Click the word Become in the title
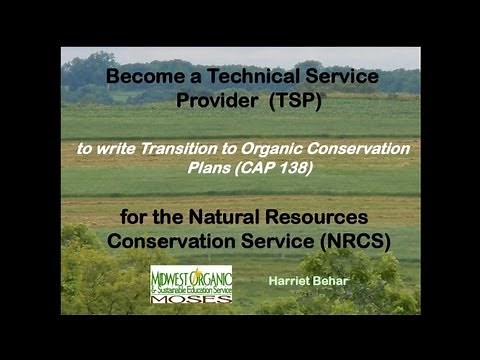[x=137, y=76]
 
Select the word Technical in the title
[x=239, y=76]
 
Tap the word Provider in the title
[x=216, y=100]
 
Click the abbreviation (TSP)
[x=293, y=100]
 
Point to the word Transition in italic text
[x=176, y=148]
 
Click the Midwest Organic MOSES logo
[x=190, y=284]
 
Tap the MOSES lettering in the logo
[x=190, y=297]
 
